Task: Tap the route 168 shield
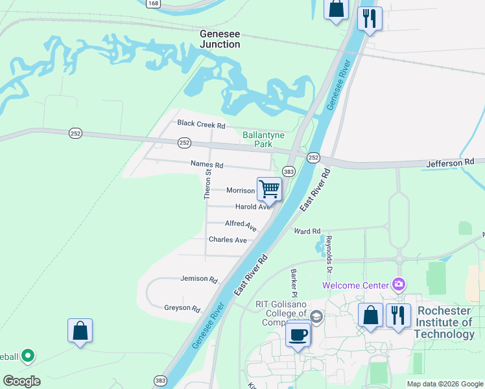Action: [x=153, y=4]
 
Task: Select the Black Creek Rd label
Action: [x=201, y=123]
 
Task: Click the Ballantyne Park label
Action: [x=257, y=139]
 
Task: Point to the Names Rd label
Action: [x=206, y=165]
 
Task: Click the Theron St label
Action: [x=208, y=184]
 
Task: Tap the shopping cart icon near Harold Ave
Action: [x=269, y=189]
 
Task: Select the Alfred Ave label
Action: [x=241, y=224]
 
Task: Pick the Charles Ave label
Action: [x=228, y=240]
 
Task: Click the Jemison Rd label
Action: [x=199, y=279]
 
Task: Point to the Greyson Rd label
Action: [x=182, y=308]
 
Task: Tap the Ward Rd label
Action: [x=307, y=231]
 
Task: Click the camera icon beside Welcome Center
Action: [x=398, y=285]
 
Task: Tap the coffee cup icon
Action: [x=298, y=335]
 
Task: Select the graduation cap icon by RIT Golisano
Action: [x=316, y=316]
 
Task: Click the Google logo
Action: [x=21, y=381]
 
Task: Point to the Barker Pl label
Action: [x=293, y=281]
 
